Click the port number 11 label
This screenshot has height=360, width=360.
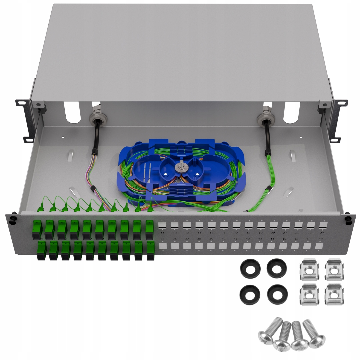162,232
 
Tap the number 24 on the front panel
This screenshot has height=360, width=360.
322,232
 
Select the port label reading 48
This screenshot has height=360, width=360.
321,239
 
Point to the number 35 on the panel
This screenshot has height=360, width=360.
163,239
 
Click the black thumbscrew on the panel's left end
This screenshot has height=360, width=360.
13,219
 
